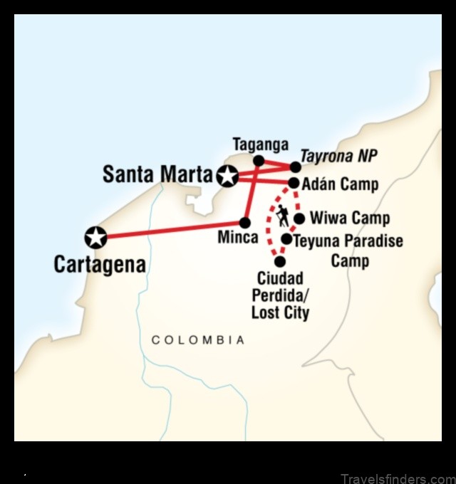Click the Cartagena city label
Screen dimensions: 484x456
tap(100, 265)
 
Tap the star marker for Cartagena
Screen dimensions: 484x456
tap(95, 237)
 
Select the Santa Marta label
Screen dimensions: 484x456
tap(157, 174)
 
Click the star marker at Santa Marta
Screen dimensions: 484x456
tap(227, 175)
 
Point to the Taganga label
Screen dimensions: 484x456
tap(261, 145)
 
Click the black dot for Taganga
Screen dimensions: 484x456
tap(259, 161)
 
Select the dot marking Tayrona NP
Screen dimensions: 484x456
tap(295, 167)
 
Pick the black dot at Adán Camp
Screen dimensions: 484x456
tap(293, 184)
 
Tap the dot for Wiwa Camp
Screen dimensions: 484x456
tap(299, 219)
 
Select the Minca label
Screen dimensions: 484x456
tap(238, 237)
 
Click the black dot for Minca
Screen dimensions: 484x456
tap(246, 222)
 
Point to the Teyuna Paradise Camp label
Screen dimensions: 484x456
tap(348, 250)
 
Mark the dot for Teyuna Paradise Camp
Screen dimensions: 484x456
tap(286, 240)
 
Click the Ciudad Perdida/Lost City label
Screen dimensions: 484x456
tap(280, 295)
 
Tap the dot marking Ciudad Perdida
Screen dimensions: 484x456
tap(279, 261)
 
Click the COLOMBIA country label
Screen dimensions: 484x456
tap(198, 340)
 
